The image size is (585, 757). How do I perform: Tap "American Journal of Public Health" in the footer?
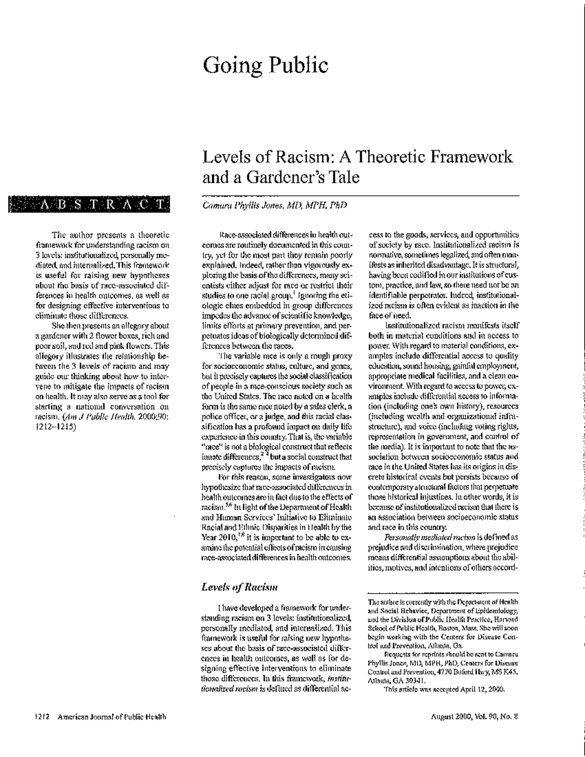[x=113, y=717]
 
